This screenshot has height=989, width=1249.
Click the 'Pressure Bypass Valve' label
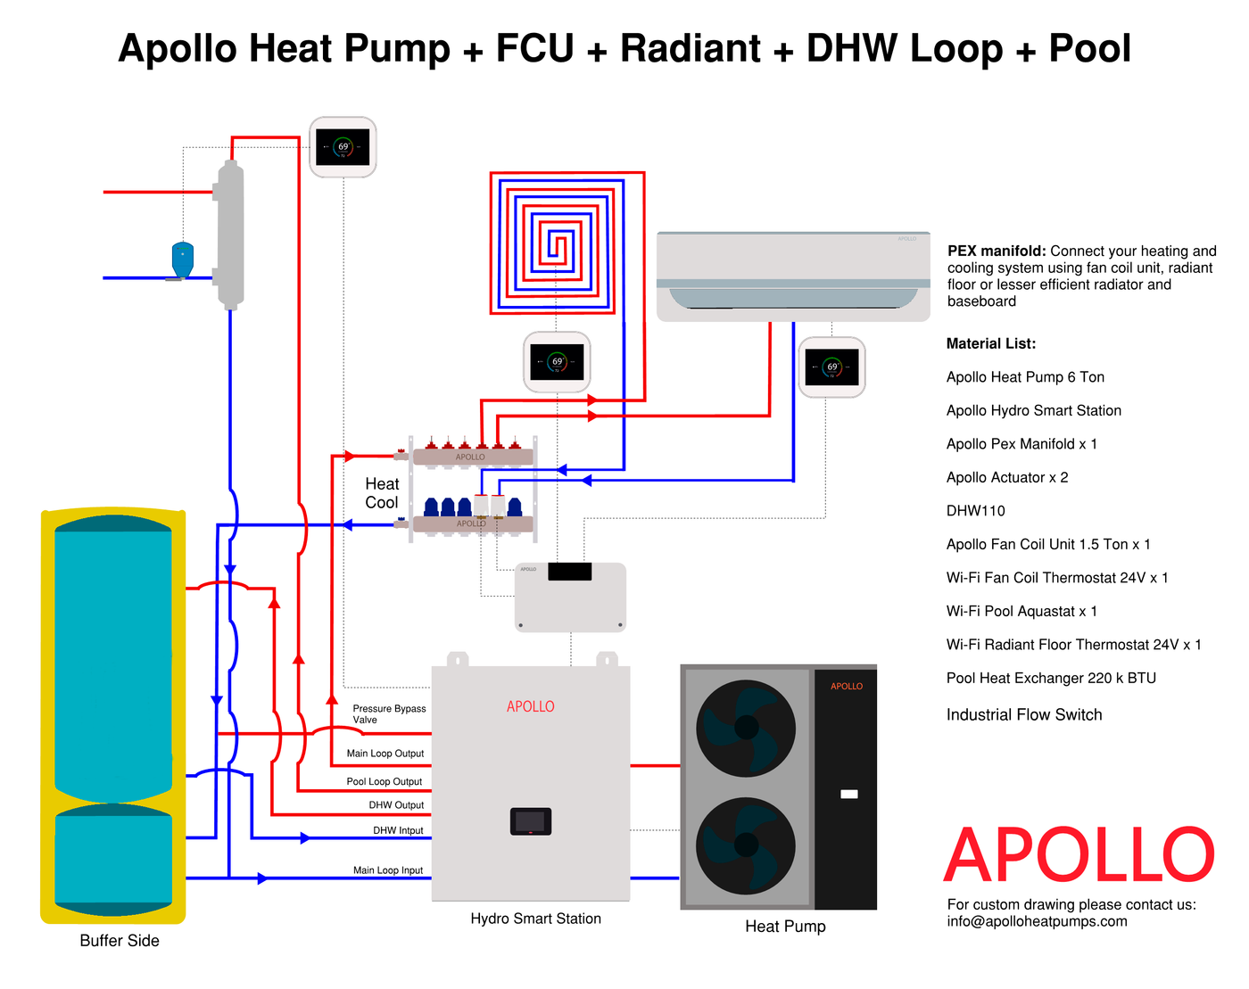pos(389,714)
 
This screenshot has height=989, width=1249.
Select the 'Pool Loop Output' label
pos(384,781)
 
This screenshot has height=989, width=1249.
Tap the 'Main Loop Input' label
pos(387,870)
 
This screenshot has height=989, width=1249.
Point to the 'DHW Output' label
pos(396,805)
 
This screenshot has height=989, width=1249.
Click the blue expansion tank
pos(183,260)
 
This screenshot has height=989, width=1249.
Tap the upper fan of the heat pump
pos(746,728)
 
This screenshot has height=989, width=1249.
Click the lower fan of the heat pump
pos(746,845)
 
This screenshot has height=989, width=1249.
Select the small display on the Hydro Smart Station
pos(531,821)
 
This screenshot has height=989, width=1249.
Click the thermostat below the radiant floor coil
pos(557,362)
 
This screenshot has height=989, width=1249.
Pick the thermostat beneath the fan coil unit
pos(831,367)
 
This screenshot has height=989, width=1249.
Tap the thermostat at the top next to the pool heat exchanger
pos(343,147)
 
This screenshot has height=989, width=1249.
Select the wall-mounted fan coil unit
pos(793,276)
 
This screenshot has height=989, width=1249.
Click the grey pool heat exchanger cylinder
pos(231,235)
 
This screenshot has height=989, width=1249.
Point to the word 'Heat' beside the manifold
pos(382,483)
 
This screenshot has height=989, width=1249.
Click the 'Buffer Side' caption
pos(120,941)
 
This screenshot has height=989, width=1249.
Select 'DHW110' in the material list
pos(975,511)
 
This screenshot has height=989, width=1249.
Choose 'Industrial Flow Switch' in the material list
pos(1024,714)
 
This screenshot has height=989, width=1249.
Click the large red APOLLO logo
pos(1079,855)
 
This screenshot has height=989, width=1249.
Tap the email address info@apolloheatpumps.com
pos(1037,921)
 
